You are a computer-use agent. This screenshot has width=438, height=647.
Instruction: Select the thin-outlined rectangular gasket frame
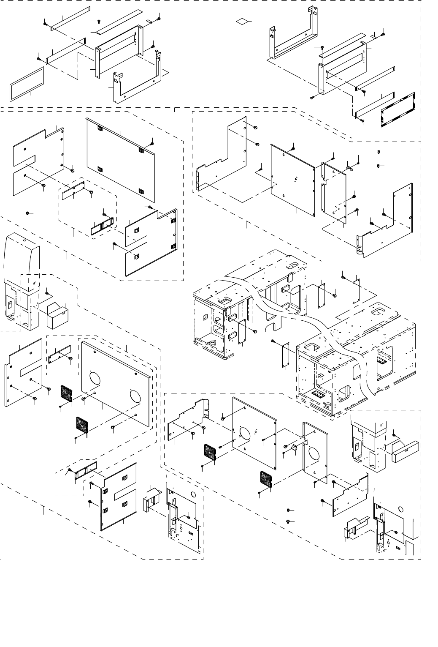[27, 85]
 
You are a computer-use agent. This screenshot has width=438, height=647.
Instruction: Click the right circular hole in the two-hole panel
[135, 396]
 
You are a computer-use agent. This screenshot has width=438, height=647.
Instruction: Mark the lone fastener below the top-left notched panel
[28, 214]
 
